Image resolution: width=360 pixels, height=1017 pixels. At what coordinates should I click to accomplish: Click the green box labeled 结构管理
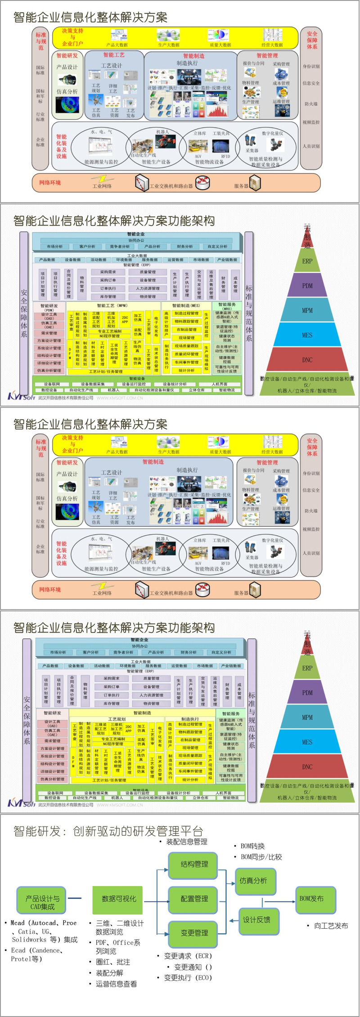pos(194,863)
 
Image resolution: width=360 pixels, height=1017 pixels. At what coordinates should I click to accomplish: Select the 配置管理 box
pos(194,898)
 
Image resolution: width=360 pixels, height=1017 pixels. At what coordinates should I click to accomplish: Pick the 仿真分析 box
pos(253,880)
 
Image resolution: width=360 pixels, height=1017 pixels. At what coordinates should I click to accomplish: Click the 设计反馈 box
pos(256,919)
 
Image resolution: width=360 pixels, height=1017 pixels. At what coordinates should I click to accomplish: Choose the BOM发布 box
pos(311,898)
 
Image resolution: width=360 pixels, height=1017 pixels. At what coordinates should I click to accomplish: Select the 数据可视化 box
pos(119,898)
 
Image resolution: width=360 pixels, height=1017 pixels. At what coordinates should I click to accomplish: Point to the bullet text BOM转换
pos(252,846)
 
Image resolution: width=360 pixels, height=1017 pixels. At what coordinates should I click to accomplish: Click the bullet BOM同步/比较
pos(261,857)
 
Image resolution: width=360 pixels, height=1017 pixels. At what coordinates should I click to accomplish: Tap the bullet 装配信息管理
pos(187,841)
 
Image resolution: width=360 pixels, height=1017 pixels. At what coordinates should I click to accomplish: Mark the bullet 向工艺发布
pos(331,926)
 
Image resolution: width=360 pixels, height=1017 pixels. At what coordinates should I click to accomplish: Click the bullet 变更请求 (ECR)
pos(188,955)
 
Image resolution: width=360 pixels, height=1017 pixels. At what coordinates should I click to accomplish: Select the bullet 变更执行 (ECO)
pos(188,977)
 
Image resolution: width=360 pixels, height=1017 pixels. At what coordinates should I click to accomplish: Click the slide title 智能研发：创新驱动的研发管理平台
pos(108,831)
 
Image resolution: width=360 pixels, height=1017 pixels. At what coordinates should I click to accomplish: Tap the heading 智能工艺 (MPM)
pos(112,306)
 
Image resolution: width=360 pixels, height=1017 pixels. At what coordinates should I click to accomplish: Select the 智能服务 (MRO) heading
pos(227,306)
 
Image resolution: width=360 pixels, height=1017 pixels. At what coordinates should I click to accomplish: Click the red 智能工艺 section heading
pos(114,55)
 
